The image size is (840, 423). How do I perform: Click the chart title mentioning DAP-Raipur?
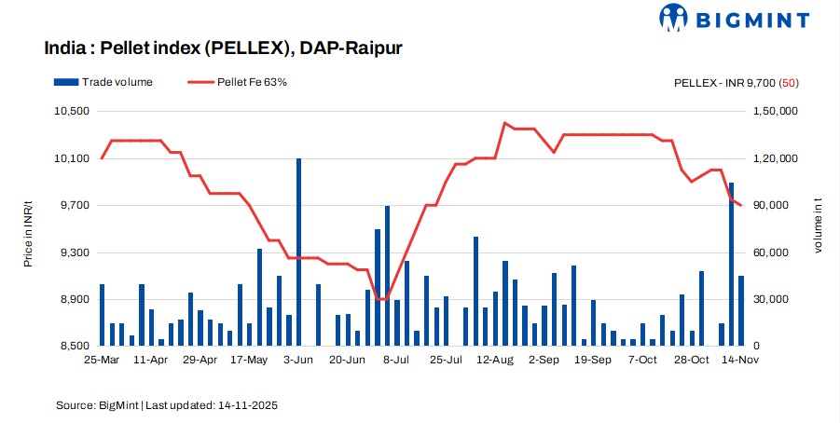click(223, 48)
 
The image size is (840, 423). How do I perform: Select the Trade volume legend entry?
click(103, 82)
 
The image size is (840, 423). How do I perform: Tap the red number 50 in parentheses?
click(789, 82)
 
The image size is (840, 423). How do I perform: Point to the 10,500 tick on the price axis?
click(66, 112)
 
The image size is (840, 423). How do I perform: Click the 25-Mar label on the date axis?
click(101, 359)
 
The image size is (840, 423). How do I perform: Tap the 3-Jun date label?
click(298, 359)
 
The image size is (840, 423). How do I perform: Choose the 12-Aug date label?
click(495, 359)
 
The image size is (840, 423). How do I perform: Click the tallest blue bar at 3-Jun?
click(298, 252)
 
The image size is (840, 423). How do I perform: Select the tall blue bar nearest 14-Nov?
click(732, 265)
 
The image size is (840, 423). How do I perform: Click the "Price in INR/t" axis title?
click(28, 229)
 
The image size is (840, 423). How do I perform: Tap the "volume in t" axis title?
click(819, 229)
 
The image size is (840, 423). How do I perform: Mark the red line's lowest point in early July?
click(382, 299)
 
